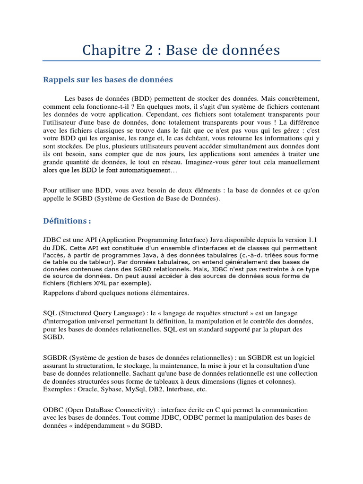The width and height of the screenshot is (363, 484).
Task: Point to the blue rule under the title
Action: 181,60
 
